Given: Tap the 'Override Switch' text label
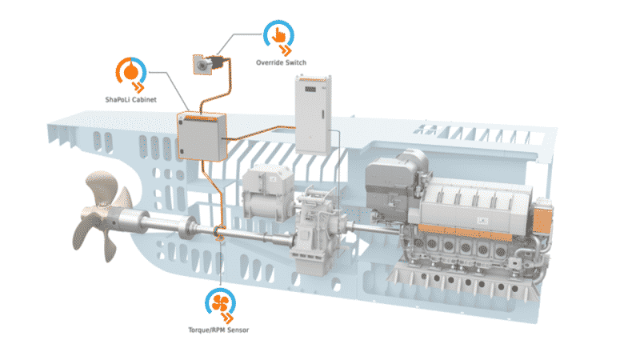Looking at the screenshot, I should coord(281,61).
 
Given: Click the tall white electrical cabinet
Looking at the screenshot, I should coord(314,111).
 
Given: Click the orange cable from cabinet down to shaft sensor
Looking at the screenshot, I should coord(214,192).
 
